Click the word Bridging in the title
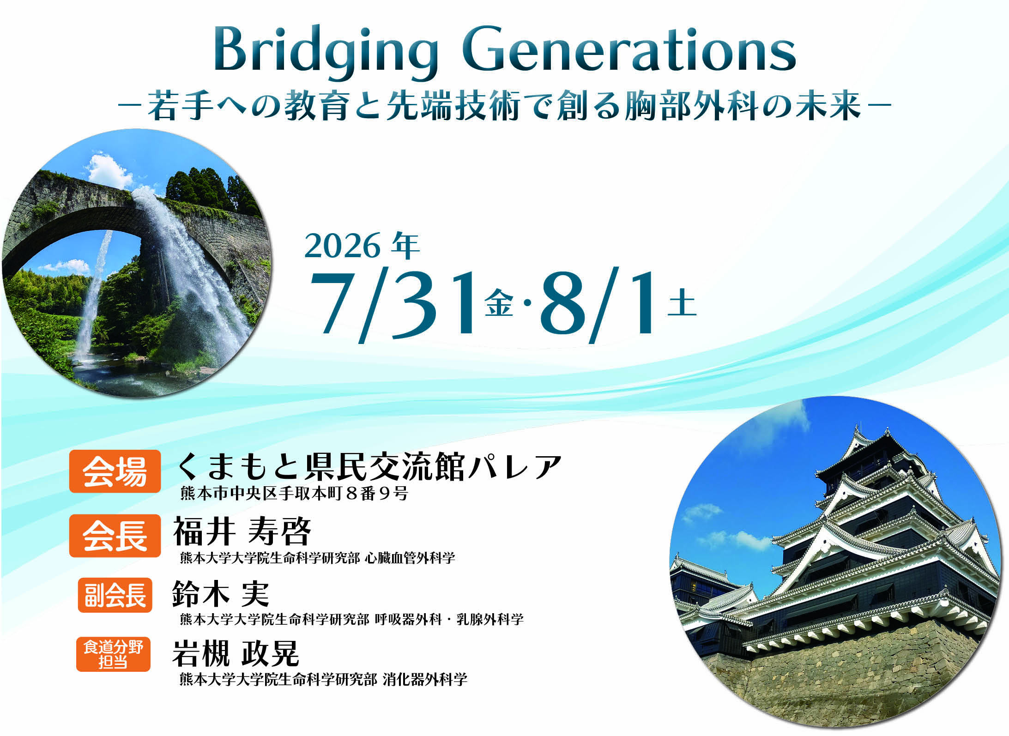point(326,51)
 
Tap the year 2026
point(342,246)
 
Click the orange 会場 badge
point(115,471)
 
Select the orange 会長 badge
point(115,536)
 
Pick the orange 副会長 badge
point(115,595)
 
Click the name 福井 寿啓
point(242,532)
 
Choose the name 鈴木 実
point(220,594)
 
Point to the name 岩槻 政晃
point(236,653)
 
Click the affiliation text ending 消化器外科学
point(323,679)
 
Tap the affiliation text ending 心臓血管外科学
point(317,558)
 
